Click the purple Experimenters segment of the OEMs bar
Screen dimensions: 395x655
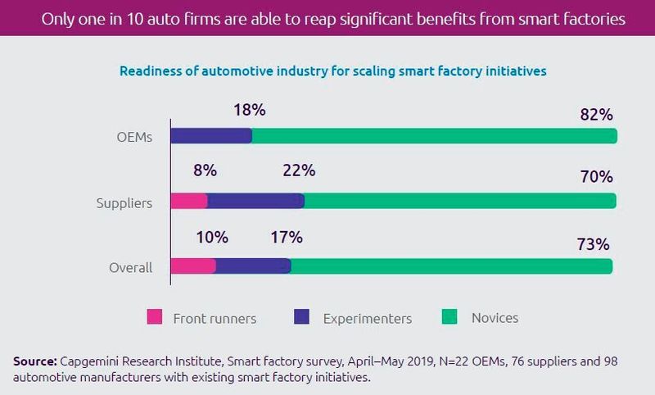point(211,136)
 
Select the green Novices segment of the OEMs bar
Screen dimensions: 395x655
point(434,136)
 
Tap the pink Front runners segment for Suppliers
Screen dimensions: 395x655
point(189,202)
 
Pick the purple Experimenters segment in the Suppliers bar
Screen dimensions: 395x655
point(255,202)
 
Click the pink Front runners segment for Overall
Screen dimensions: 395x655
point(193,266)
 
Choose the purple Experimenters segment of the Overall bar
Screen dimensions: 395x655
point(253,266)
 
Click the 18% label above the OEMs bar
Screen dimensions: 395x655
point(248,109)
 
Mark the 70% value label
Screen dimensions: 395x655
point(594,176)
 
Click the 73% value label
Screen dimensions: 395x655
point(593,244)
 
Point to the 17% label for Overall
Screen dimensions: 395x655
point(286,238)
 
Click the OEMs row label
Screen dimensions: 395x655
point(135,137)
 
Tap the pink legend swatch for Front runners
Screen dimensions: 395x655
point(156,316)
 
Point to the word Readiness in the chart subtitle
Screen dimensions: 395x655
point(151,71)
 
